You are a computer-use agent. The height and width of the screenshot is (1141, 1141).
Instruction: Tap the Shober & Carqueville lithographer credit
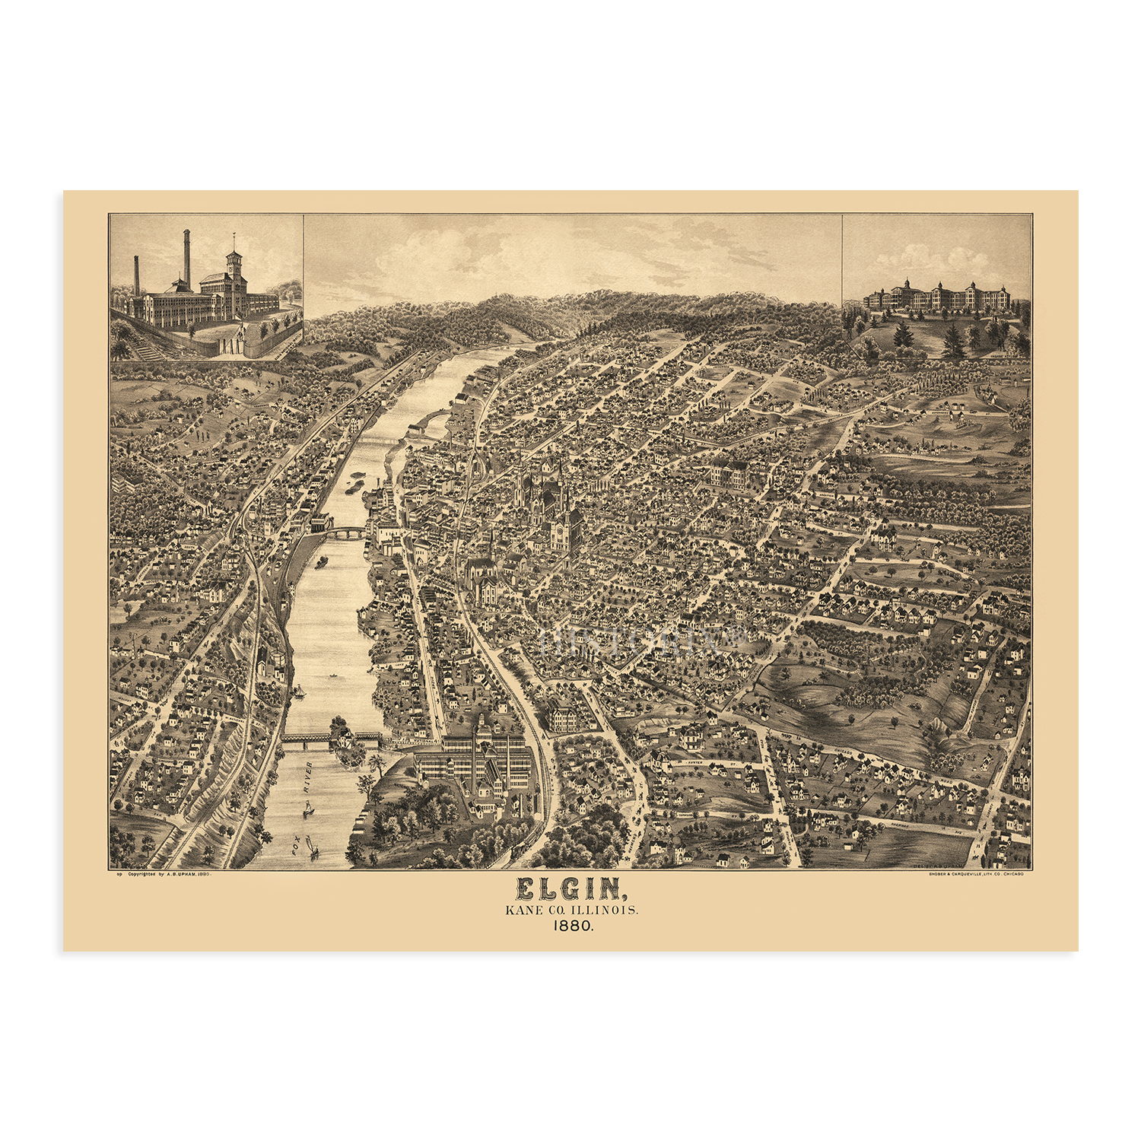pyautogui.click(x=975, y=875)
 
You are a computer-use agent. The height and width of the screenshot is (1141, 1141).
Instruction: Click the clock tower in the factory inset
pyautogui.click(x=234, y=262)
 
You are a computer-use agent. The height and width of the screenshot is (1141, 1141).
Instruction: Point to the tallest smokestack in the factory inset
pyautogui.click(x=186, y=259)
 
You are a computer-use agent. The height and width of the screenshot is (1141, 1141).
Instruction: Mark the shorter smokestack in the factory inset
pyautogui.click(x=137, y=275)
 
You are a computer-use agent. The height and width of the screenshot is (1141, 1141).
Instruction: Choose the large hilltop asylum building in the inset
pyautogui.click(x=936, y=297)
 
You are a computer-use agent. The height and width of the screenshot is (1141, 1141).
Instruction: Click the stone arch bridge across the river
pyautogui.click(x=346, y=532)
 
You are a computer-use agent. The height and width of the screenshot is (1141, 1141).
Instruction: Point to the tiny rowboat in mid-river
pyautogui.click(x=332, y=675)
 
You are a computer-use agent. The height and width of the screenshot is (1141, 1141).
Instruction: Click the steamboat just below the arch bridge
pyautogui.click(x=321, y=562)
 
